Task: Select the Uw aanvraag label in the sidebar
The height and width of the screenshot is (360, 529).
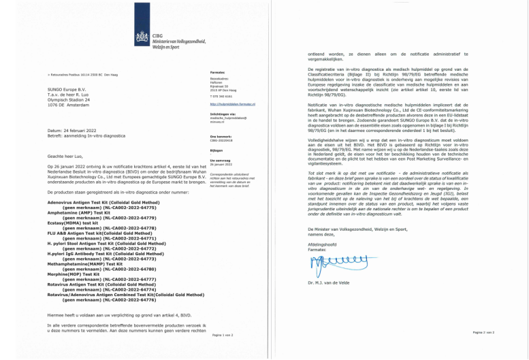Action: pos(220,161)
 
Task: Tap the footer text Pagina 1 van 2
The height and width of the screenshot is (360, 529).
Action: pos(223,336)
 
